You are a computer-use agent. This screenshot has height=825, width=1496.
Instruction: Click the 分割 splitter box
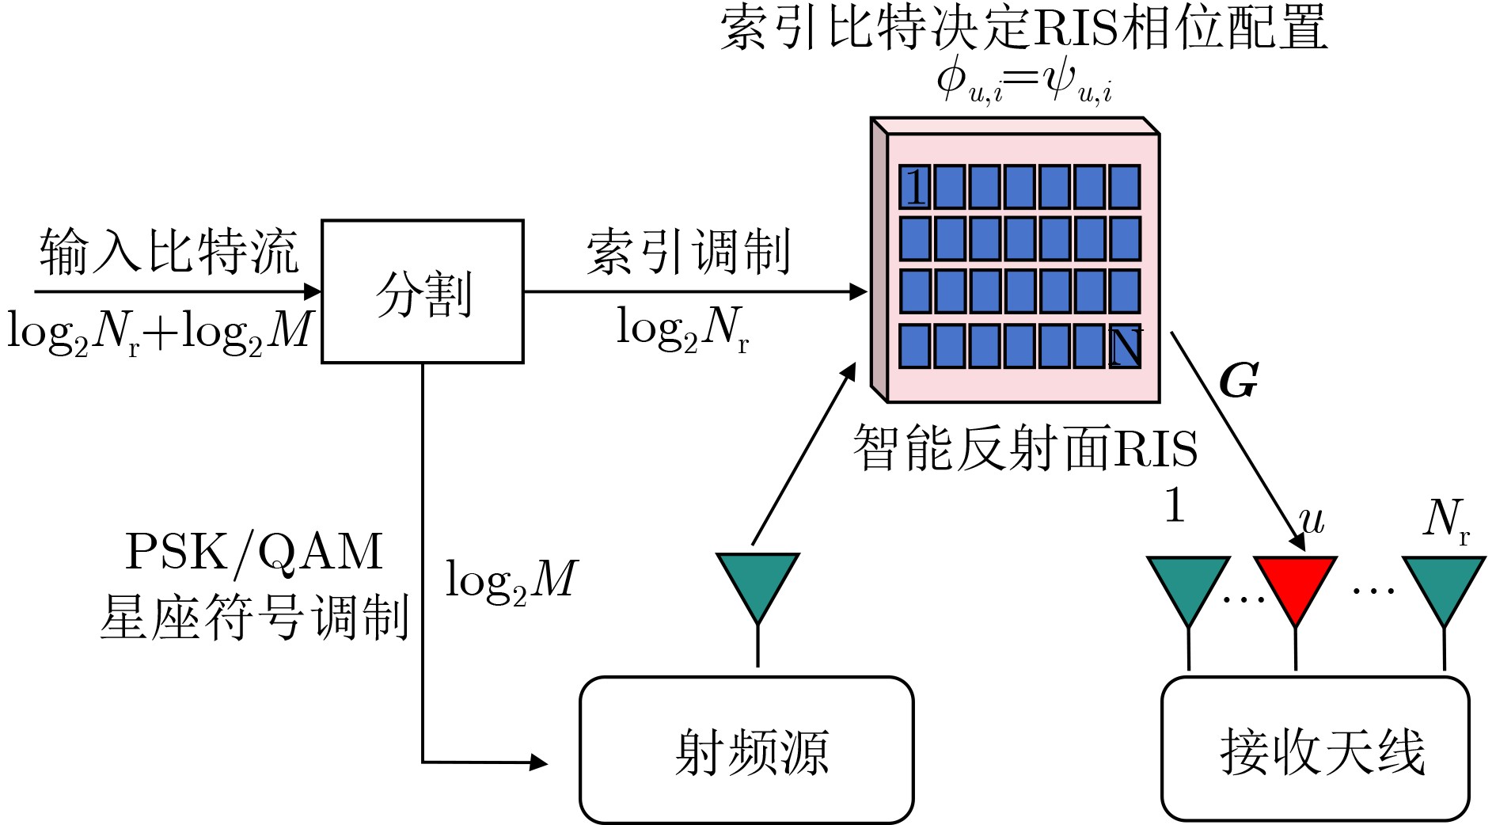[423, 291]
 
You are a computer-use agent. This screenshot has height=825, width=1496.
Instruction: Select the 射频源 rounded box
[746, 749]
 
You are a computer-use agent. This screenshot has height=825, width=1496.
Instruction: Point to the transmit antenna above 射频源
[757, 587]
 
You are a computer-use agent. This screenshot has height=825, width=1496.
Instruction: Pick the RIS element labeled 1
[914, 188]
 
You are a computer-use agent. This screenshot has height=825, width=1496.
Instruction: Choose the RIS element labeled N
[1125, 347]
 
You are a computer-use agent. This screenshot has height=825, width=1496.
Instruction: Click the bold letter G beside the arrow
[1239, 382]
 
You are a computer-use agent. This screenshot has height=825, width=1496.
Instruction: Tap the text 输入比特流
[169, 252]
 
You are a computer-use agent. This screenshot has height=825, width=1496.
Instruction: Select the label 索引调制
[688, 252]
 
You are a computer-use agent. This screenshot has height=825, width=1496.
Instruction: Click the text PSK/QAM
[254, 551]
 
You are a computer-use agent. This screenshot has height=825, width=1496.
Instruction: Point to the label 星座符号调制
[254, 616]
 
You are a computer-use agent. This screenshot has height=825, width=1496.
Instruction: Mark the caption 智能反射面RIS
[1025, 448]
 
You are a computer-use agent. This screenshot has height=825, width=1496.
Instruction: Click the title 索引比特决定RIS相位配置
[1023, 30]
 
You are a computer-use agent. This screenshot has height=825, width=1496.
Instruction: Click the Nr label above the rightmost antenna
[1445, 520]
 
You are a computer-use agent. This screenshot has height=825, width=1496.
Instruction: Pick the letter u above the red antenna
[1312, 520]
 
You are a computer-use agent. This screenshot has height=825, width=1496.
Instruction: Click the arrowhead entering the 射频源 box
[540, 762]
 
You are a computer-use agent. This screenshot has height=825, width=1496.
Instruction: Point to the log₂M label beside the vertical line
[511, 580]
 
